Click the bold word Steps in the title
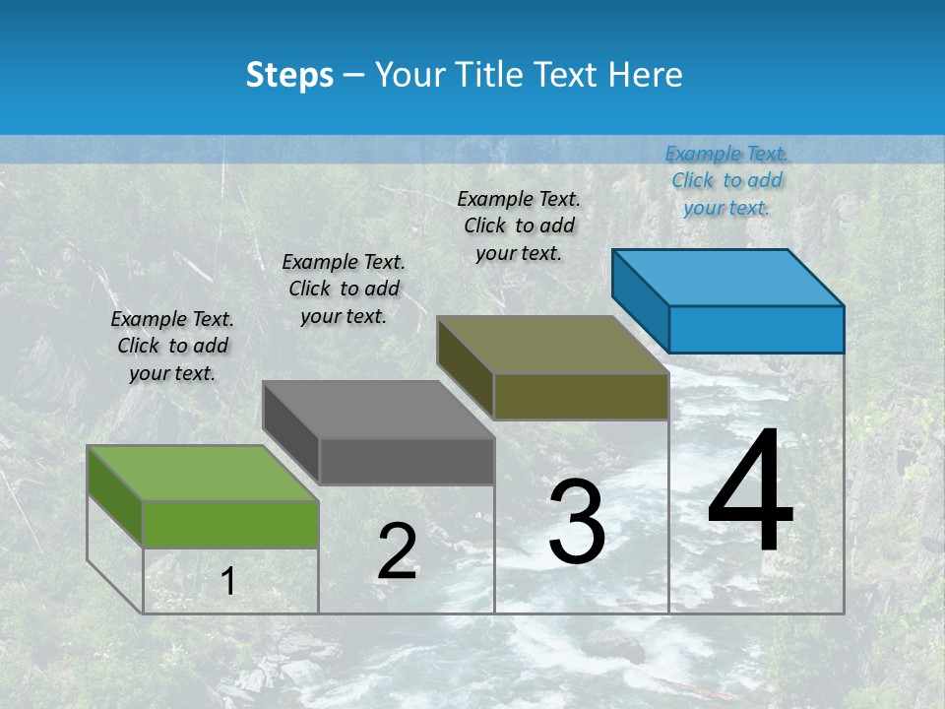pos(289,75)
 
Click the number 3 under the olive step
pos(577,522)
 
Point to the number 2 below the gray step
pos(397,551)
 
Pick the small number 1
pos(228,582)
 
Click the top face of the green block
pos(202,473)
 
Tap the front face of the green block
pos(230,523)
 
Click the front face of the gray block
pos(406,461)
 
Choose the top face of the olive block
pos(552,345)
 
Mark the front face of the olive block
pos(581,396)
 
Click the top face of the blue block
pos(727,277)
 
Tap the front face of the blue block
pos(756,329)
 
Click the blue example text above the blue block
pos(726,180)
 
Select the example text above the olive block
pos(519,226)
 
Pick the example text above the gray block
pos(344,289)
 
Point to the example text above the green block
pos(172,346)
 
